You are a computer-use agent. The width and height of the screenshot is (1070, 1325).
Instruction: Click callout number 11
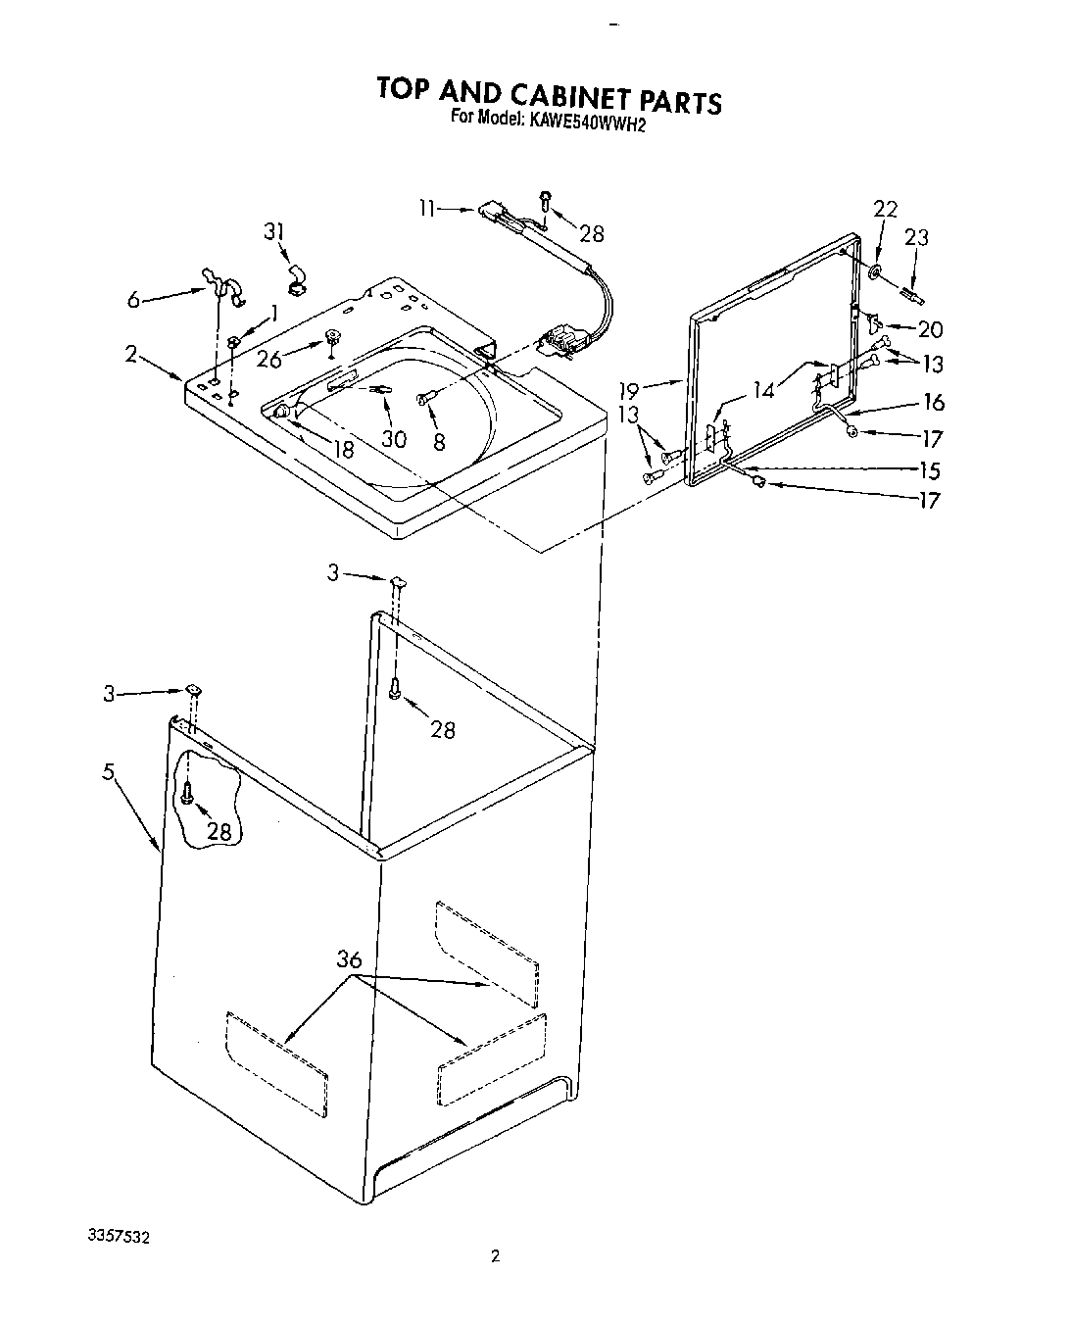coord(425,208)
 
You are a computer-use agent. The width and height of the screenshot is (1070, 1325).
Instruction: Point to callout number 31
coord(275,232)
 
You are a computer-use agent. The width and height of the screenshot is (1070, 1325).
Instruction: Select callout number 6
coord(134,302)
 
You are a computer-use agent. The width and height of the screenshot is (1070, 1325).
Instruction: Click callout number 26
coord(269,360)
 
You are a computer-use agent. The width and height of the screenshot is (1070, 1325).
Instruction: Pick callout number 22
coord(885,208)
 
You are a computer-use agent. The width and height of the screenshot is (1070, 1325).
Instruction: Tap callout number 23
coord(917,237)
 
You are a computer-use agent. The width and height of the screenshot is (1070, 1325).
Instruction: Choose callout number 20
coord(930,330)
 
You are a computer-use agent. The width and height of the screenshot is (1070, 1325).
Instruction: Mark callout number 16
coord(934,401)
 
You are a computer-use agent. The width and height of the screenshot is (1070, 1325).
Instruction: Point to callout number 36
coord(350,960)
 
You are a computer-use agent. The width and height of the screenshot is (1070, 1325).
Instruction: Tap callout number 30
coord(394,439)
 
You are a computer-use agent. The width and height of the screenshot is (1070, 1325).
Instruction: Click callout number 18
coord(343,450)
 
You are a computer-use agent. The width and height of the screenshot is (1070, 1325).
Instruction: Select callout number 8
coord(438,442)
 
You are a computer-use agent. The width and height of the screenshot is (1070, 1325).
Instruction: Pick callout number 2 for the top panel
coord(130,354)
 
